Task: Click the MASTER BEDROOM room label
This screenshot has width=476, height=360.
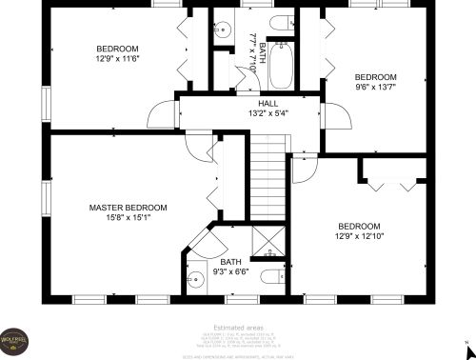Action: [x=128, y=208]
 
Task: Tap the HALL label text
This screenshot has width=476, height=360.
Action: [x=268, y=103]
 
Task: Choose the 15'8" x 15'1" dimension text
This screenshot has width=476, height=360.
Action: [x=128, y=217]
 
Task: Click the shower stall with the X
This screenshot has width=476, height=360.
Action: [x=270, y=241]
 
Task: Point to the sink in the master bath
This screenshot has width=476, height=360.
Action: [x=195, y=279]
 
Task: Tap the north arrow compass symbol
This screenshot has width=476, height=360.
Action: [x=465, y=340]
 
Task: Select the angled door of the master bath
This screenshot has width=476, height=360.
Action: [x=203, y=238]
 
